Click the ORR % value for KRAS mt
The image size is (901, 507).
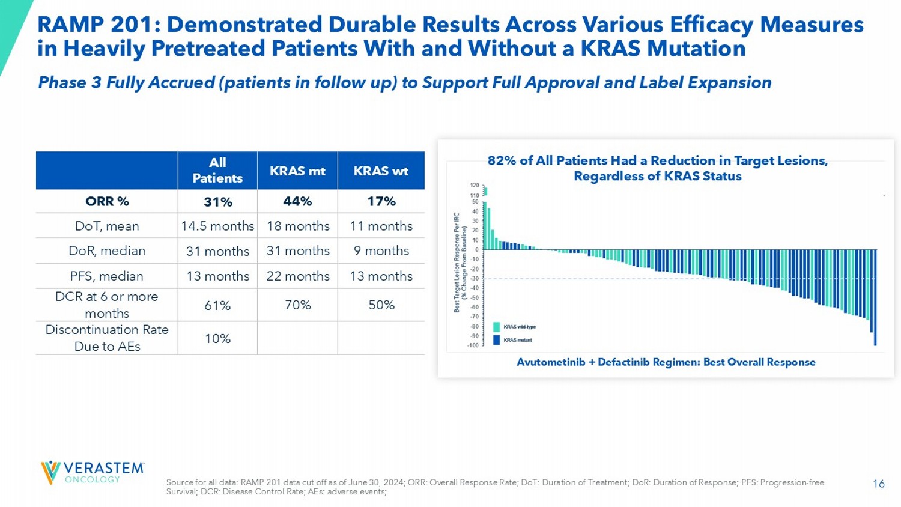point(297,201)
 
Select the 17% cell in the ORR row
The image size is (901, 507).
point(381,201)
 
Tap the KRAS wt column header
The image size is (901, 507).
point(381,171)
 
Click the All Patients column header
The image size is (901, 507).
point(217,171)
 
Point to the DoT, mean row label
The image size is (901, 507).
point(107,226)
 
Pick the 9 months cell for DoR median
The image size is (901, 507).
point(381,250)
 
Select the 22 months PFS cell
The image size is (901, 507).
point(297,276)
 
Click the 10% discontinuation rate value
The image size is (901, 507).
point(217,338)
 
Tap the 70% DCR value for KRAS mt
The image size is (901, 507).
point(297,305)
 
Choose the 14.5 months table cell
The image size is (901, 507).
point(217,226)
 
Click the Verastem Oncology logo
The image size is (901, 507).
point(92,472)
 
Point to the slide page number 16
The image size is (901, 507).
point(878,484)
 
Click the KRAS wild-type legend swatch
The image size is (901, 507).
point(497,327)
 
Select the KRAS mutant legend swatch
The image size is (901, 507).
point(497,340)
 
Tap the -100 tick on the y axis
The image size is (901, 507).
point(473,345)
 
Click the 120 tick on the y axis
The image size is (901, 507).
point(474,186)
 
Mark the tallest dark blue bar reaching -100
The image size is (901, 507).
point(875,297)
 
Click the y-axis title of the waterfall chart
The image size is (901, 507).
point(460,262)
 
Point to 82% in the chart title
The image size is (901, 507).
point(499,160)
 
